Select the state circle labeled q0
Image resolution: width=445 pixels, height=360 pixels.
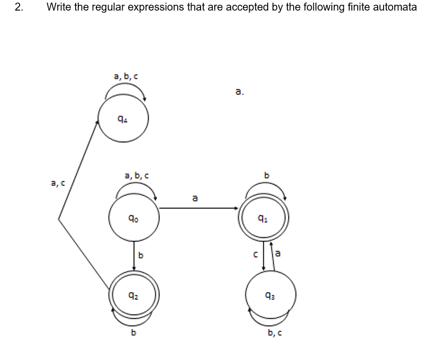coord(134,217)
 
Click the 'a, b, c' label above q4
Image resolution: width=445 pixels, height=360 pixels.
coord(126,77)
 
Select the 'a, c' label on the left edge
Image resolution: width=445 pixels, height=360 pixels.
coord(58,183)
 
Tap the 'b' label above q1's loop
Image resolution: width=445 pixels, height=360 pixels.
coord(267,175)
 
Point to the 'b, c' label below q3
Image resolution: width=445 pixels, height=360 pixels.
coord(275,333)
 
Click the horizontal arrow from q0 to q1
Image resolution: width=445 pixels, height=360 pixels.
coord(199,208)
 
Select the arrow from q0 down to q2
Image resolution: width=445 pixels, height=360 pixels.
coord(134,255)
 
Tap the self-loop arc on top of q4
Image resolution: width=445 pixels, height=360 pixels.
coord(126,90)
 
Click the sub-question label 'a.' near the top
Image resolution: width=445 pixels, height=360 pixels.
coord(240,92)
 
